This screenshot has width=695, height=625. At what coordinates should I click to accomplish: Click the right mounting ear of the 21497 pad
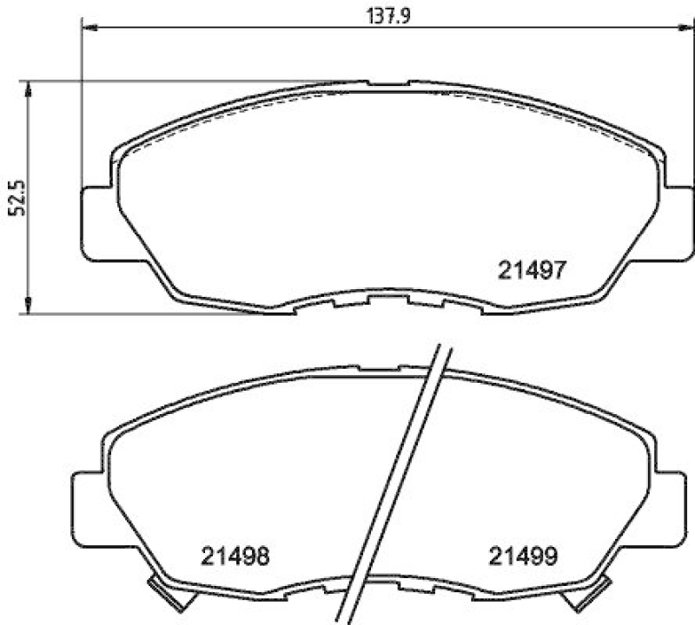point(677,223)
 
